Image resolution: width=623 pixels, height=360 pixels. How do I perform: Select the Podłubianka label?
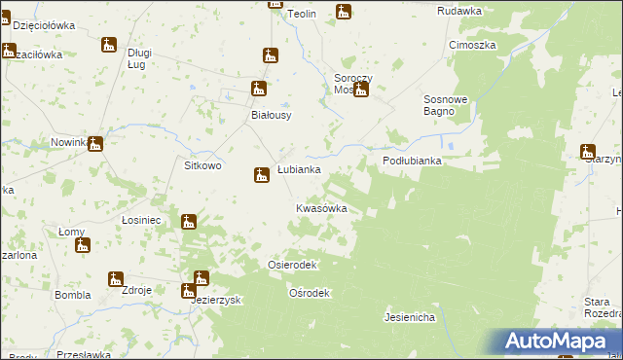pyautogui.click(x=412, y=162)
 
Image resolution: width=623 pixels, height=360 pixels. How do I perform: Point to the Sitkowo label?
pyautogui.click(x=202, y=165)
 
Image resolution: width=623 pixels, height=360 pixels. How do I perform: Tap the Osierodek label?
pyautogui.click(x=292, y=265)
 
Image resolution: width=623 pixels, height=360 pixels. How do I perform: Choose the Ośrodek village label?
pyautogui.click(x=311, y=293)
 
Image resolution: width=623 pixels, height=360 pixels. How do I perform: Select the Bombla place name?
pyautogui.click(x=72, y=294)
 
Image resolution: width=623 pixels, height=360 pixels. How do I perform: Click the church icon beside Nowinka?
pyautogui.click(x=94, y=145)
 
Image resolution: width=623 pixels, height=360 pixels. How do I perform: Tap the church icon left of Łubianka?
pyautogui.click(x=261, y=175)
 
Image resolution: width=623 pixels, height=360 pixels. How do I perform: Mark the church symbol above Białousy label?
pyautogui.click(x=258, y=89)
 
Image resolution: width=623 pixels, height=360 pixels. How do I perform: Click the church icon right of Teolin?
pyautogui.click(x=343, y=12)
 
